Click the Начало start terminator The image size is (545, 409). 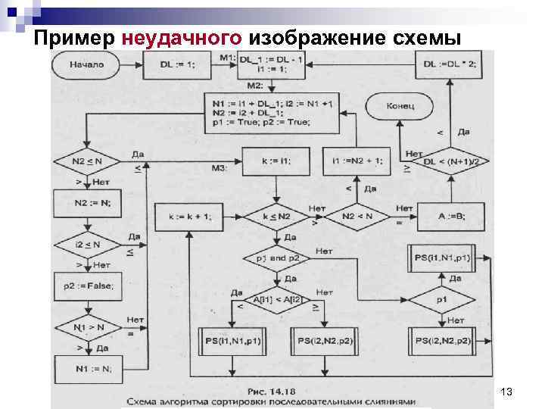click(86, 65)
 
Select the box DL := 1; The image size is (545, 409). click(177, 65)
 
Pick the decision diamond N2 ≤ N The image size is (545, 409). click(86, 161)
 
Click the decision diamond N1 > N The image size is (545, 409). click(86, 328)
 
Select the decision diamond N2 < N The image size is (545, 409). click(357, 218)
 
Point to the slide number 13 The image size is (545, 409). click(507, 391)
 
